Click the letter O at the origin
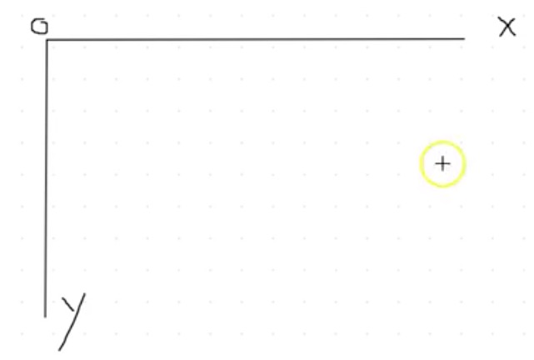click(39, 26)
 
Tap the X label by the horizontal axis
click(507, 27)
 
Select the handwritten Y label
click(72, 317)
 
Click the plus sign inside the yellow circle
click(442, 163)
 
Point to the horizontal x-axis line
click(250, 39)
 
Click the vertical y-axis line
click(46, 175)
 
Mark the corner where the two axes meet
click(47, 40)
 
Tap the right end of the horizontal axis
click(464, 38)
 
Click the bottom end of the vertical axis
click(45, 316)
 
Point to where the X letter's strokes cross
click(507, 27)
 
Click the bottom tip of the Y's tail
click(60, 349)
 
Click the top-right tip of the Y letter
click(84, 294)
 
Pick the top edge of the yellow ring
click(442, 142)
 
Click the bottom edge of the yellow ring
click(442, 185)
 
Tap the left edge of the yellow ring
click(422, 164)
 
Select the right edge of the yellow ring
click(463, 164)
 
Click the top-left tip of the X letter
click(498, 18)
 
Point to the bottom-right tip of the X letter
click(516, 36)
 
